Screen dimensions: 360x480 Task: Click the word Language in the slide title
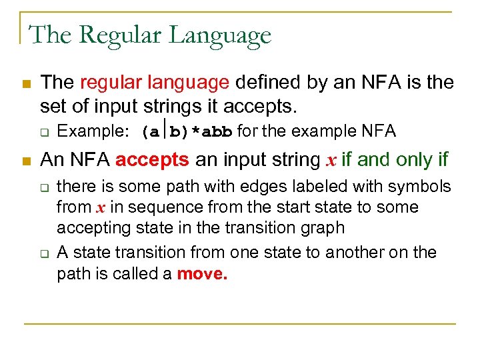pyautogui.click(x=221, y=35)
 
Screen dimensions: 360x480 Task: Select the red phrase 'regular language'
pyautogui.click(x=155, y=83)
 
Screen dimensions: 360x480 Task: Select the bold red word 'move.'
pyautogui.click(x=202, y=275)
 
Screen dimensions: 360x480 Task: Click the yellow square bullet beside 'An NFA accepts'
pyautogui.click(x=26, y=161)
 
